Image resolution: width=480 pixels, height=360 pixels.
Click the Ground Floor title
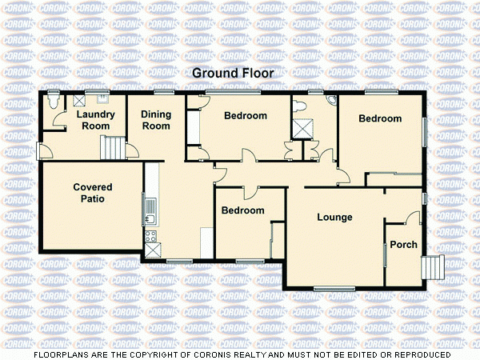point(233,73)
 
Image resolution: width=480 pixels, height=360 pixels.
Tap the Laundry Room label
point(95,120)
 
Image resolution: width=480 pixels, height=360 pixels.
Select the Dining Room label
point(156,120)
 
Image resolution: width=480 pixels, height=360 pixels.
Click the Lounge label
point(334,217)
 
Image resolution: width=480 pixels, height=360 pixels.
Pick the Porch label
point(403,244)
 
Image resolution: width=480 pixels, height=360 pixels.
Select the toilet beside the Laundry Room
point(52,103)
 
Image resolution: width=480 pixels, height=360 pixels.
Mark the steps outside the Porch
point(434,266)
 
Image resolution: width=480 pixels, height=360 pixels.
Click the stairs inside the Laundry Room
point(114,147)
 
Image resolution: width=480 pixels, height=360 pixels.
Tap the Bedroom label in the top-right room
point(379,118)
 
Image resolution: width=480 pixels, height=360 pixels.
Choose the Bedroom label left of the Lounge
point(242,210)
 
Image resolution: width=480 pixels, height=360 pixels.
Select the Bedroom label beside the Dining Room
point(245,116)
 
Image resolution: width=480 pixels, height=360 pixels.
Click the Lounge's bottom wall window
point(334,287)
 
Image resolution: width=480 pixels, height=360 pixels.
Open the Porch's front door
point(414,218)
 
